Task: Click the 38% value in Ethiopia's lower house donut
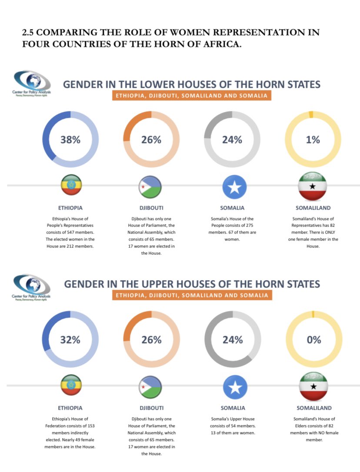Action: pos(70,140)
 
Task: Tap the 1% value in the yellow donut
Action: pos(313,140)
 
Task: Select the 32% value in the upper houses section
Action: pos(70,340)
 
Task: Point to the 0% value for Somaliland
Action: pos(313,340)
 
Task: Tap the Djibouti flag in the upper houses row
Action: pos(151,387)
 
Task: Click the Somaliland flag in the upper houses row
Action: pos(313,387)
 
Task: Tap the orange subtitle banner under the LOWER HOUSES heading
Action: pos(191,95)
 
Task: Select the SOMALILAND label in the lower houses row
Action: pos(313,208)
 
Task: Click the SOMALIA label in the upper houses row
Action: pos(233,408)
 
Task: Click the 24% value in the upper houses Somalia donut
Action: pos(233,340)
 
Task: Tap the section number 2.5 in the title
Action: pos(28,33)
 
